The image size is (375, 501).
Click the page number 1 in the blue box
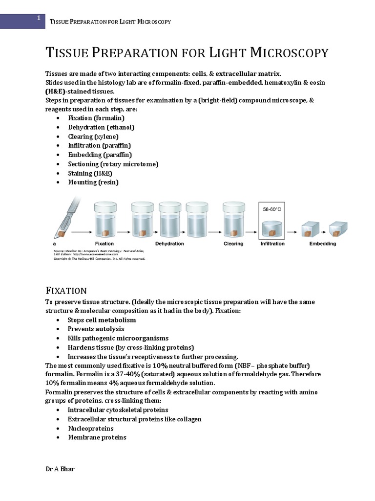(38, 19)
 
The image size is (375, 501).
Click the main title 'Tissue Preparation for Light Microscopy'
(187, 53)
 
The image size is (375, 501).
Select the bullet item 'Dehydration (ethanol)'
(101, 127)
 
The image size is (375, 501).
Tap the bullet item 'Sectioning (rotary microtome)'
(113, 164)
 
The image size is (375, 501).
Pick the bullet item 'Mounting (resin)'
(93, 182)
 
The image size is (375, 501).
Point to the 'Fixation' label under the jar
(104, 243)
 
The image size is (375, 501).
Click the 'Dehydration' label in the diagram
(169, 243)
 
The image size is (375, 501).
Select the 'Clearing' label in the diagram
(233, 243)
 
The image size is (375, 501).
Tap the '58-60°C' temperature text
(272, 209)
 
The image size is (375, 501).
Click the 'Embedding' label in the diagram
(323, 243)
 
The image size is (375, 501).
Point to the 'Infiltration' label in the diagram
(272, 243)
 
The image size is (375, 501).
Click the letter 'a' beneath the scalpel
(54, 243)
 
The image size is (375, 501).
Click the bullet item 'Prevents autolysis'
(96, 329)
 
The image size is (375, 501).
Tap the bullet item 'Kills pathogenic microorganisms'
(118, 338)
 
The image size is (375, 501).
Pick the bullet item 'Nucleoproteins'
(90, 428)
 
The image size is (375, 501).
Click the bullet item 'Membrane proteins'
(97, 437)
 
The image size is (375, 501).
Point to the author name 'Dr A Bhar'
(60, 469)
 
